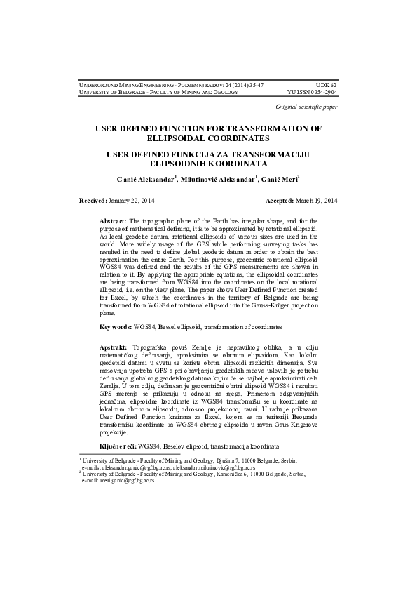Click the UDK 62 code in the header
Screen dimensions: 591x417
tap(327, 84)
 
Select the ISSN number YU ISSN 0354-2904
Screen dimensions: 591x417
tap(313, 92)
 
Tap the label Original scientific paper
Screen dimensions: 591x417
tap(307, 107)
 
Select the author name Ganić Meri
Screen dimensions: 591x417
tap(282, 180)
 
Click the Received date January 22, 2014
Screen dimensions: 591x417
tap(132, 201)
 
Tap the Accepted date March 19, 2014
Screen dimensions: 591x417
tap(315, 201)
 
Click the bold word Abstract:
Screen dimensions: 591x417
tap(114, 221)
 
